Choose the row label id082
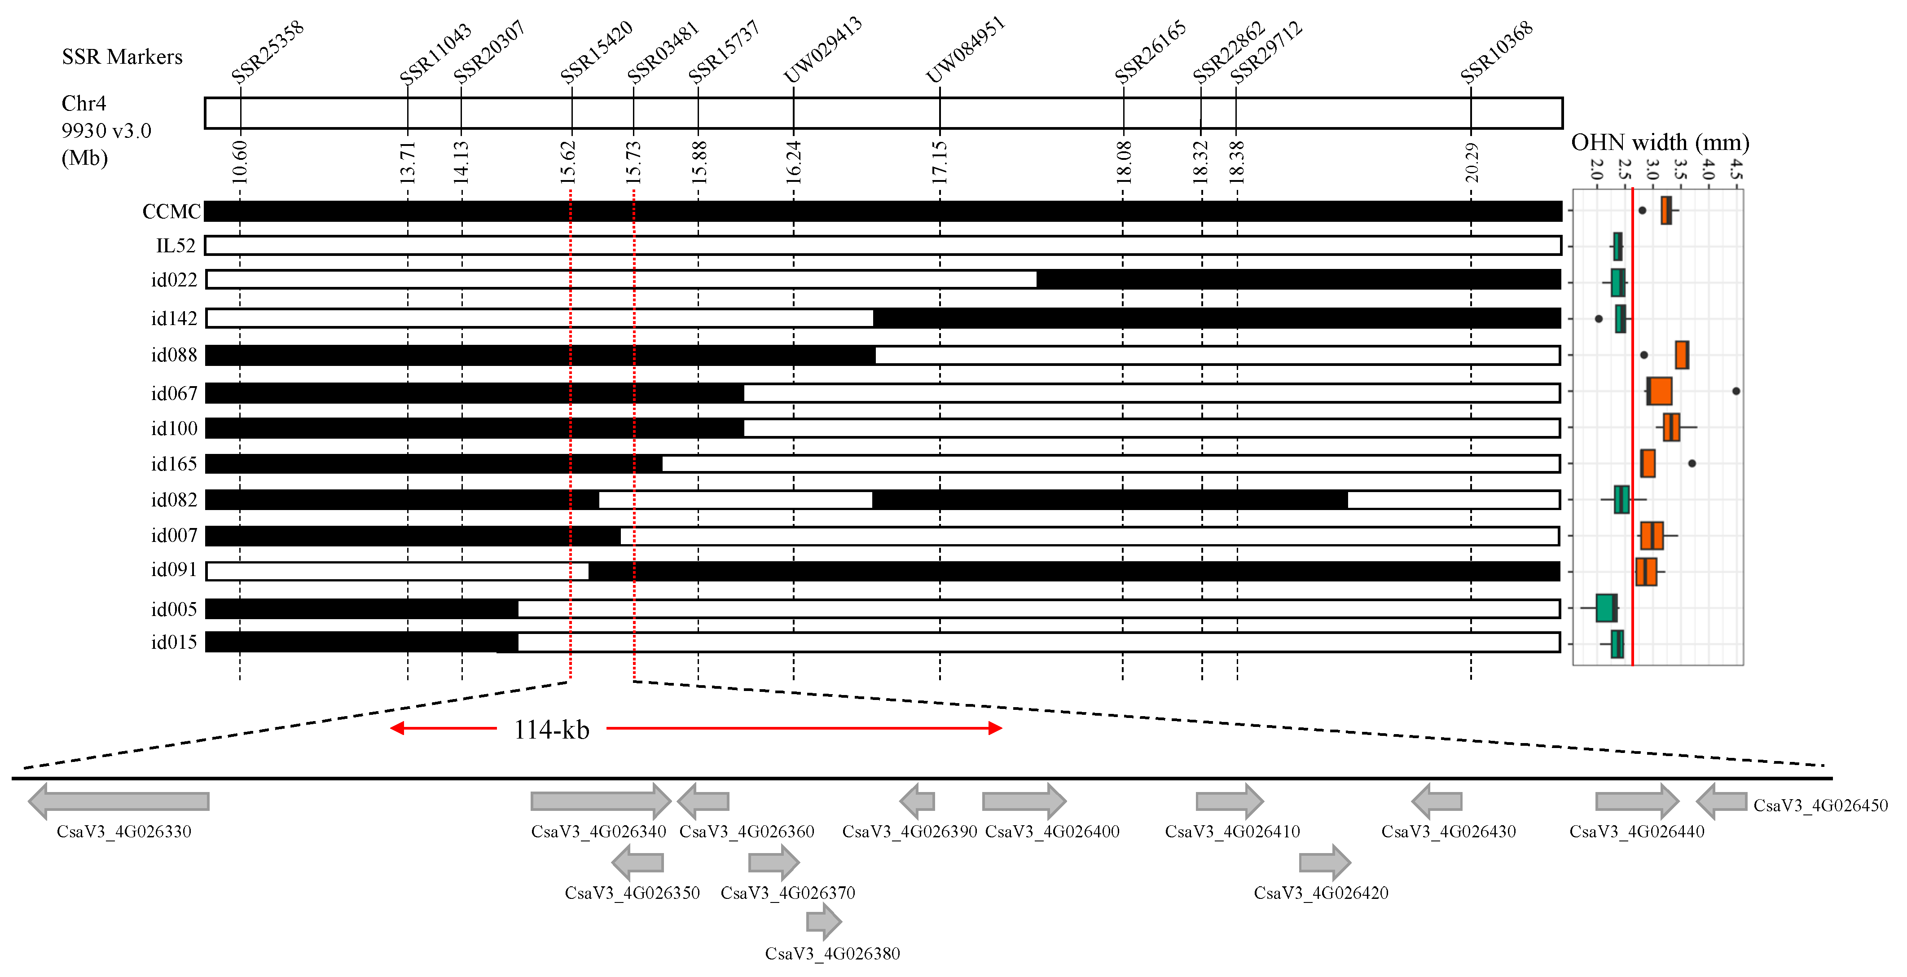pos(174,500)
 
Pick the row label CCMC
pos(171,211)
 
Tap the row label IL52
pos(176,246)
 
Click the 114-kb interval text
pos(552,730)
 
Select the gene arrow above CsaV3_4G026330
pos(119,801)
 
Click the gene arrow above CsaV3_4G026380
pos(823,921)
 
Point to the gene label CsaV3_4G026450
pos(1819,805)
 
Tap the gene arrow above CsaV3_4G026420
pos(1324,862)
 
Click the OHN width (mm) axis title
pos(1660,142)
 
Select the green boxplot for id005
pos(1606,607)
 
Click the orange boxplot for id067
pos(1659,391)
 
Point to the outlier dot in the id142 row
pos(1598,319)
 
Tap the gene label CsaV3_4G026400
pos(1052,831)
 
